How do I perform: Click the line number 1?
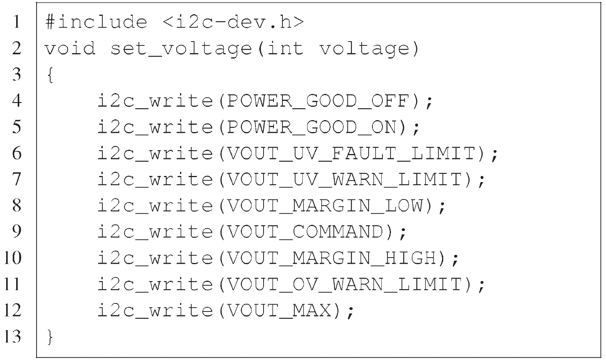pos(17,22)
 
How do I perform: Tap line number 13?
pos(13,337)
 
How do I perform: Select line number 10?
pos(13,258)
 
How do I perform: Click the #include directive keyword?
pos(96,22)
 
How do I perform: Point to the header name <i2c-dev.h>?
pos(234,22)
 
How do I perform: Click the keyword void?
pos(70,49)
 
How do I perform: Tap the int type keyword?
pos(285,49)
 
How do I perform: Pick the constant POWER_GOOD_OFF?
pos(317,101)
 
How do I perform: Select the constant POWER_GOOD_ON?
pos(311,127)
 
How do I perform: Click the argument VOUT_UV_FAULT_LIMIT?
pos(351,154)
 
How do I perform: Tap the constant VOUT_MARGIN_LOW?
pos(324,206)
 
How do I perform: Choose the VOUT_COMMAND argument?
pos(305,232)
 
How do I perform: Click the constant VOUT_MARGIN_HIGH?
pos(331,258)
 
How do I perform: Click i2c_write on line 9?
pos(155,232)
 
